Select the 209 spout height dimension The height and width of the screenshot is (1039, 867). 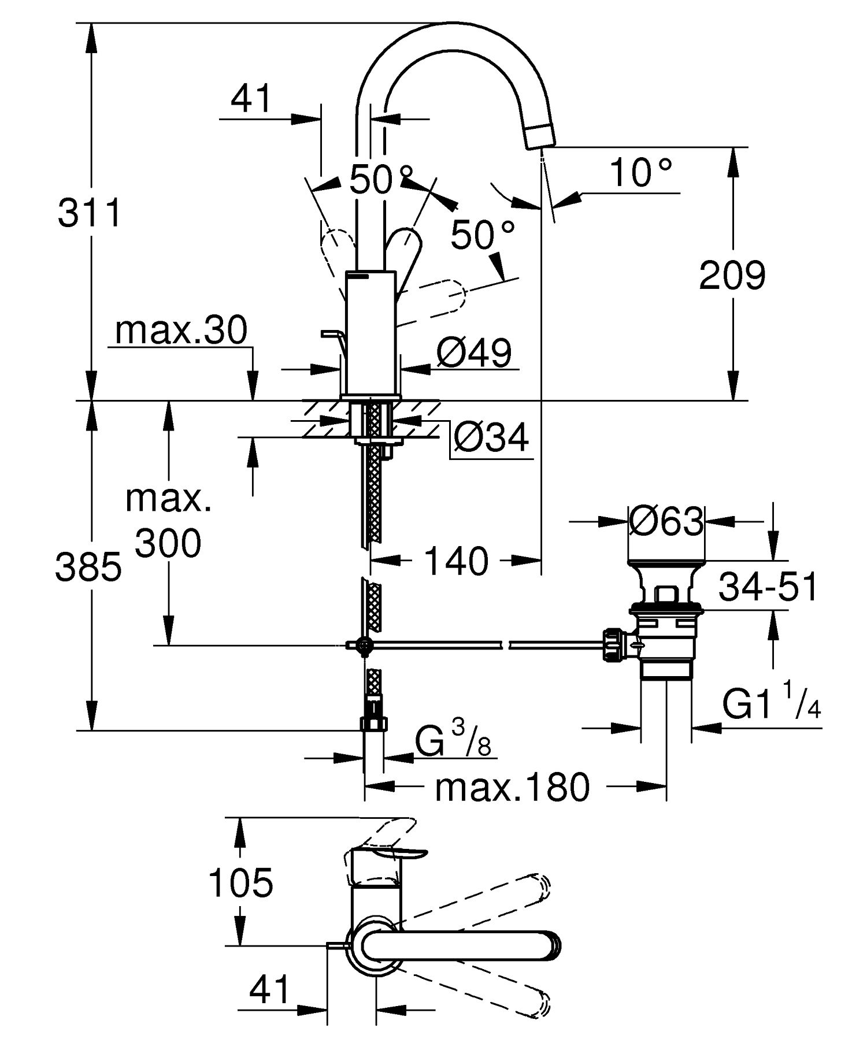[732, 275]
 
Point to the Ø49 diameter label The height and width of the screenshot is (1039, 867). [474, 354]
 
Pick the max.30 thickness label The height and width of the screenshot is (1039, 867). [181, 331]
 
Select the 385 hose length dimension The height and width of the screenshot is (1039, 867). [88, 566]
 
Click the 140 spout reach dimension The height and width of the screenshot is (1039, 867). [456, 561]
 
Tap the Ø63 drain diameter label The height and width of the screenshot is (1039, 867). [666, 522]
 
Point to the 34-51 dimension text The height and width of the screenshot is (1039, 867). [768, 587]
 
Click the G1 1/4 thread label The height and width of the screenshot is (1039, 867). [771, 706]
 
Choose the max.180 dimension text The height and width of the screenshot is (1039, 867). [512, 787]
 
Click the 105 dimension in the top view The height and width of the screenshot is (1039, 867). [240, 883]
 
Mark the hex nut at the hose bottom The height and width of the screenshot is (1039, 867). [374, 724]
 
